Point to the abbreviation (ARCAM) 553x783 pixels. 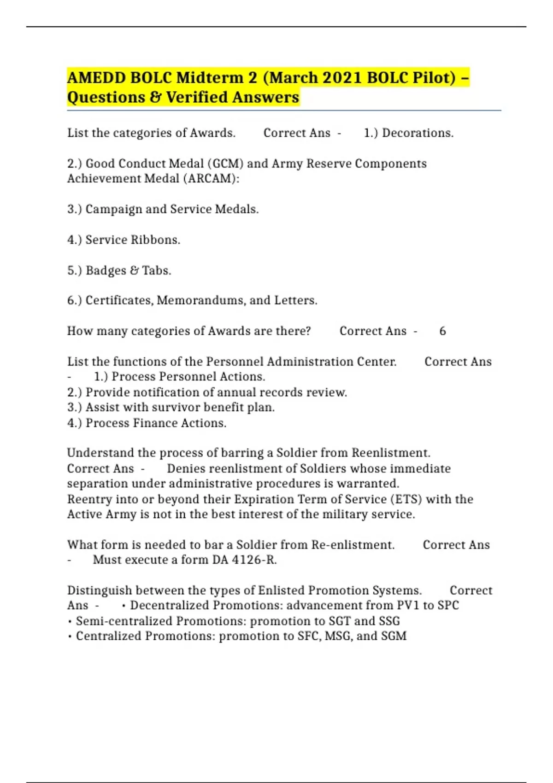pyautogui.click(x=211, y=179)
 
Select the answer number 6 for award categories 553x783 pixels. pyautogui.click(x=442, y=331)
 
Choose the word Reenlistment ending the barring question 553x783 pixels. pyautogui.click(x=391, y=453)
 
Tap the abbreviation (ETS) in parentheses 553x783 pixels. pyautogui.click(x=406, y=499)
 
